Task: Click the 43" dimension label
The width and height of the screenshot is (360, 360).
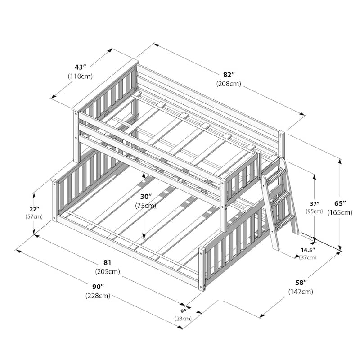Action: (x=80, y=66)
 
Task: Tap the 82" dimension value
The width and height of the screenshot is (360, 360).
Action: (x=228, y=75)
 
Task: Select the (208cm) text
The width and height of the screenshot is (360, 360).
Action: (x=228, y=84)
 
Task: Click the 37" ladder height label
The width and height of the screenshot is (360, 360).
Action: (x=315, y=203)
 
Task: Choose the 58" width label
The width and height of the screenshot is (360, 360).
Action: (x=301, y=283)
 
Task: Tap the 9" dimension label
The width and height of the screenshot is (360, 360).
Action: (x=184, y=310)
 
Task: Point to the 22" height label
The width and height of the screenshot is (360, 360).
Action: (x=35, y=209)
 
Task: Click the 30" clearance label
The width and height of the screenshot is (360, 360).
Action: (x=145, y=197)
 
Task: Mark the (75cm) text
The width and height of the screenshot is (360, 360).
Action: (x=145, y=206)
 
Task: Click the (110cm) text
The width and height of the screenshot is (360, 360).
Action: (x=80, y=76)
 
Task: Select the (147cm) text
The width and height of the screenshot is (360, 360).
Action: (x=301, y=292)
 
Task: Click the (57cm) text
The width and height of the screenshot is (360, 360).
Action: (x=35, y=217)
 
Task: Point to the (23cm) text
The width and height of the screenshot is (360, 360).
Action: (x=184, y=319)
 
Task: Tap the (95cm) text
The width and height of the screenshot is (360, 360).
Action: (x=315, y=211)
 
